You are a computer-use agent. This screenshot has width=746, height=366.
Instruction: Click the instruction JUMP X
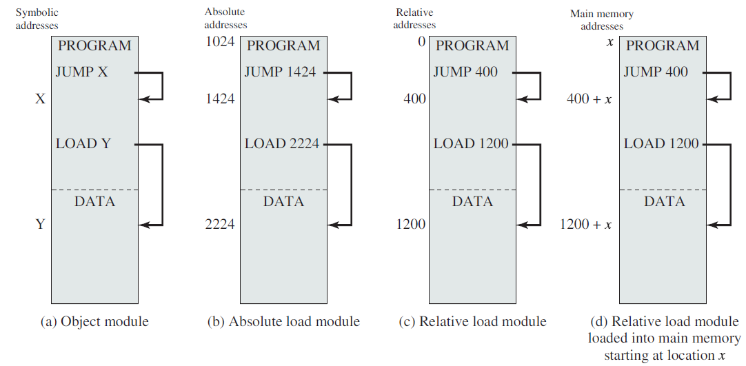pos(82,72)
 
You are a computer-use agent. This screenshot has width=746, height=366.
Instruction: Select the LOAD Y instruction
pos(83,143)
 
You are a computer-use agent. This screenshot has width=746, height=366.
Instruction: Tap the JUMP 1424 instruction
pos(280,72)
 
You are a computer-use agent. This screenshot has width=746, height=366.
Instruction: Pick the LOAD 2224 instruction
pos(282,143)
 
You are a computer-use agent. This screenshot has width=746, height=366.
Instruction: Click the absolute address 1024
pos(220,42)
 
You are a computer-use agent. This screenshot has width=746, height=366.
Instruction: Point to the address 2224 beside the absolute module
pos(220,224)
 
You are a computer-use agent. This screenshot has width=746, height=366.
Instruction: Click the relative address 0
pos(421,42)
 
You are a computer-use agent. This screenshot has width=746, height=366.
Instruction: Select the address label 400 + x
pos(589,99)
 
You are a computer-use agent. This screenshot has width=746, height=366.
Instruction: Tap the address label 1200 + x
pos(585,224)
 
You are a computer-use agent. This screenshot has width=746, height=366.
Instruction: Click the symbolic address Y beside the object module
pos(41,224)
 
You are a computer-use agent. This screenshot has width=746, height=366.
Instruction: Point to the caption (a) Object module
pos(94,322)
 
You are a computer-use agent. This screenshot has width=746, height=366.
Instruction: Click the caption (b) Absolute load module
pos(283,322)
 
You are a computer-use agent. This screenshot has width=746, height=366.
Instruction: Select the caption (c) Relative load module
pos(472,322)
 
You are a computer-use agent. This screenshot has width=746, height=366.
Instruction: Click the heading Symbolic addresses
pos(37,19)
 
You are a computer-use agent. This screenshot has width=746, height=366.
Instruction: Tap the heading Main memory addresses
pos(602,20)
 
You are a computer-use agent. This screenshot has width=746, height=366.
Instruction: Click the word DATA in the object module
pos(94,201)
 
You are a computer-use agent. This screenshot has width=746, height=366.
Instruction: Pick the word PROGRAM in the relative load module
pos(472,45)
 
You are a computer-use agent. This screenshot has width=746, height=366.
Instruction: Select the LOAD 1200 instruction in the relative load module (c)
pos(471,143)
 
